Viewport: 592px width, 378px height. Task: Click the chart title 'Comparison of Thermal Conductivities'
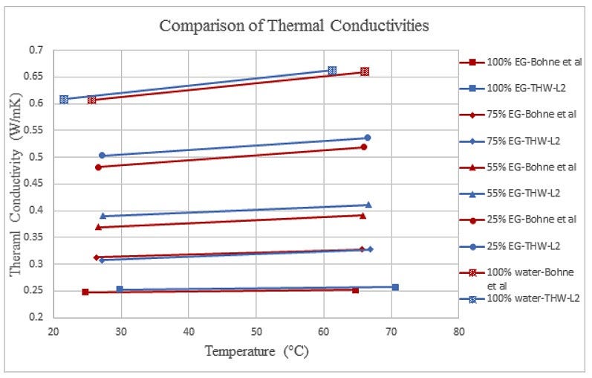point(294,25)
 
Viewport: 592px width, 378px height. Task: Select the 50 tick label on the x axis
point(256,331)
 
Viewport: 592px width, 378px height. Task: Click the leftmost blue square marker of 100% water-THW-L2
point(64,99)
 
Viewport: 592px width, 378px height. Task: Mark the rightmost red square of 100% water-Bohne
point(365,71)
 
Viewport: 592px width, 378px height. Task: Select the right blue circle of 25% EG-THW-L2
point(367,138)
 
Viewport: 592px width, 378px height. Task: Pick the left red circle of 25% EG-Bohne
point(98,167)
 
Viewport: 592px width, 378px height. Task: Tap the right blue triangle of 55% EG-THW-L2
point(368,205)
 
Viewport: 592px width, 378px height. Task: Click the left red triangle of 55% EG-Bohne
point(98,227)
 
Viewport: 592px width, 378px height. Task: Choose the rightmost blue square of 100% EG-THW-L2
point(395,287)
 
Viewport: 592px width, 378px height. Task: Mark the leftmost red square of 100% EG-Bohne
point(85,292)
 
